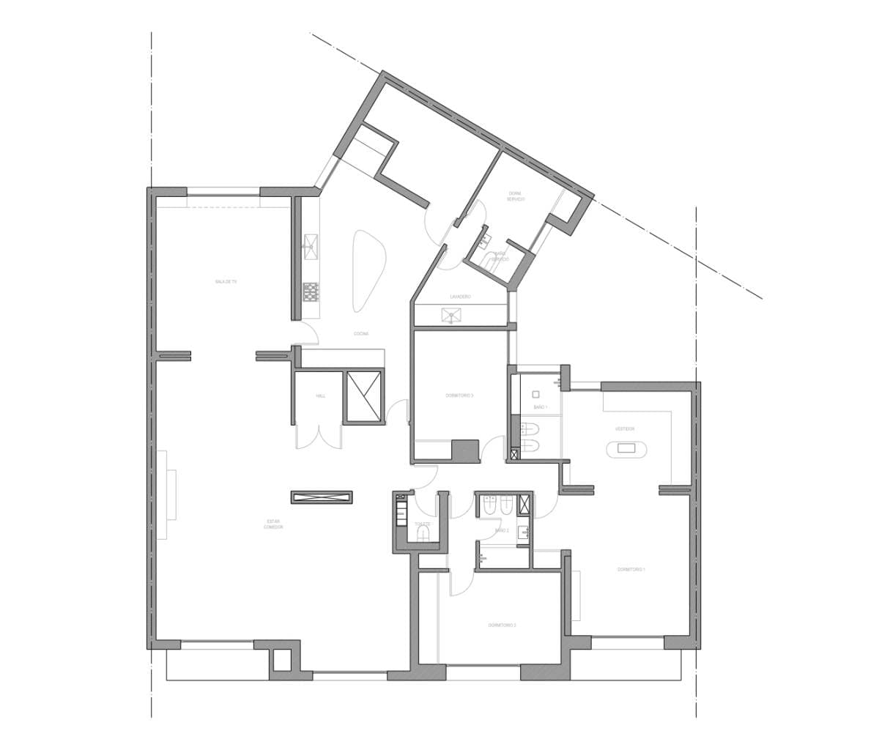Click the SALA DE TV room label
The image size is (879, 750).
coord(226,281)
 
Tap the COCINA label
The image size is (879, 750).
coord(361,333)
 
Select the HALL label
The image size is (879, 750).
coord(320,396)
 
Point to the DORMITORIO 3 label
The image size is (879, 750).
coord(459,396)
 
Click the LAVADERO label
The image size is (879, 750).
coord(460,297)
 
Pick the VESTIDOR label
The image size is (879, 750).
coord(625,428)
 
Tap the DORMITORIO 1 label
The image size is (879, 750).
coord(631,569)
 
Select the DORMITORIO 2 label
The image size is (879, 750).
coord(502,625)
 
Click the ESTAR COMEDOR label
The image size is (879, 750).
coord(274,524)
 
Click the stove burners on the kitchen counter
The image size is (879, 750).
coord(311,292)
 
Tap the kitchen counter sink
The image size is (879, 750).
coord(311,247)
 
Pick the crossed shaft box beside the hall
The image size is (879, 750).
coord(364,396)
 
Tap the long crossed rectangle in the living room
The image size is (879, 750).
coord(322,497)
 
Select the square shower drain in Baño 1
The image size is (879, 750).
coord(535,393)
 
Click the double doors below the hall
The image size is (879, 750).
coord(319,437)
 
